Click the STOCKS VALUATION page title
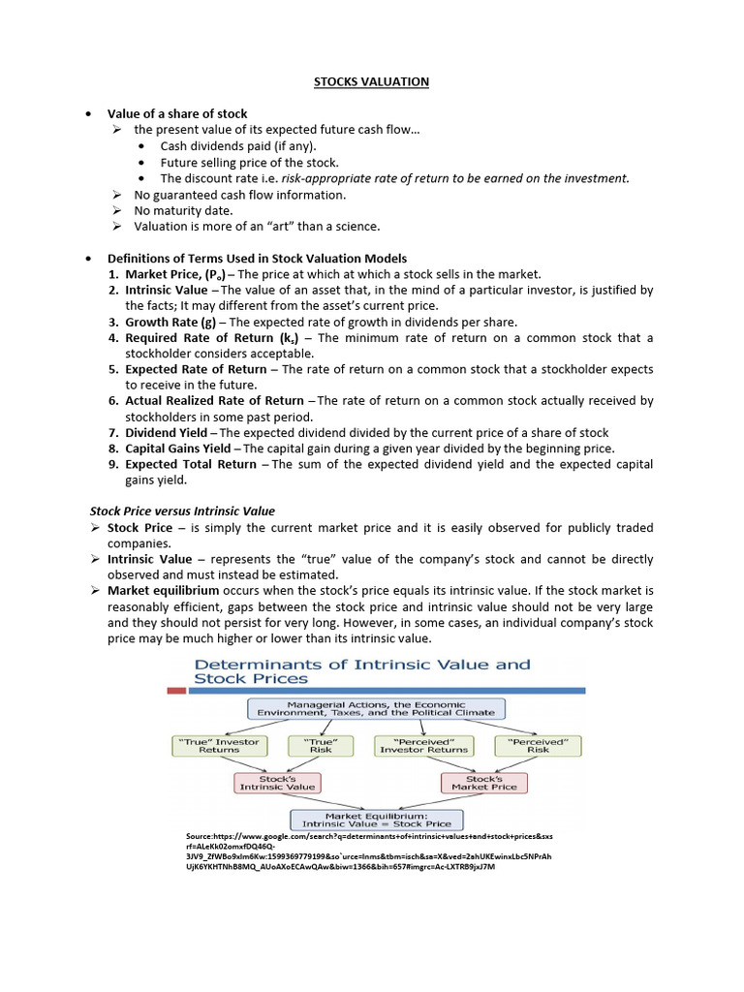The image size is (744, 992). (x=371, y=82)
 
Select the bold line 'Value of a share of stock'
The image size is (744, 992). (x=177, y=114)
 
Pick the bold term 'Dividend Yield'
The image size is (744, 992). (x=166, y=433)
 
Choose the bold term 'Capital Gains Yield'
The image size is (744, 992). (x=178, y=449)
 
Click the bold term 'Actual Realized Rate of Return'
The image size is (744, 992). (x=214, y=401)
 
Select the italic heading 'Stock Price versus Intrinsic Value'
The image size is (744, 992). (x=182, y=511)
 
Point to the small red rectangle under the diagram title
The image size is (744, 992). (x=176, y=692)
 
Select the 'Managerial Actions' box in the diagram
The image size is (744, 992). (x=373, y=708)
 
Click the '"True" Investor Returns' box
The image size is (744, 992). (x=218, y=745)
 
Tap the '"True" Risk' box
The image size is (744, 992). (x=321, y=745)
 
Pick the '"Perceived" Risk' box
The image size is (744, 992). (x=538, y=745)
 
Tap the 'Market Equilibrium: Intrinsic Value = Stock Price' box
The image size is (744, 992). (x=377, y=820)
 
